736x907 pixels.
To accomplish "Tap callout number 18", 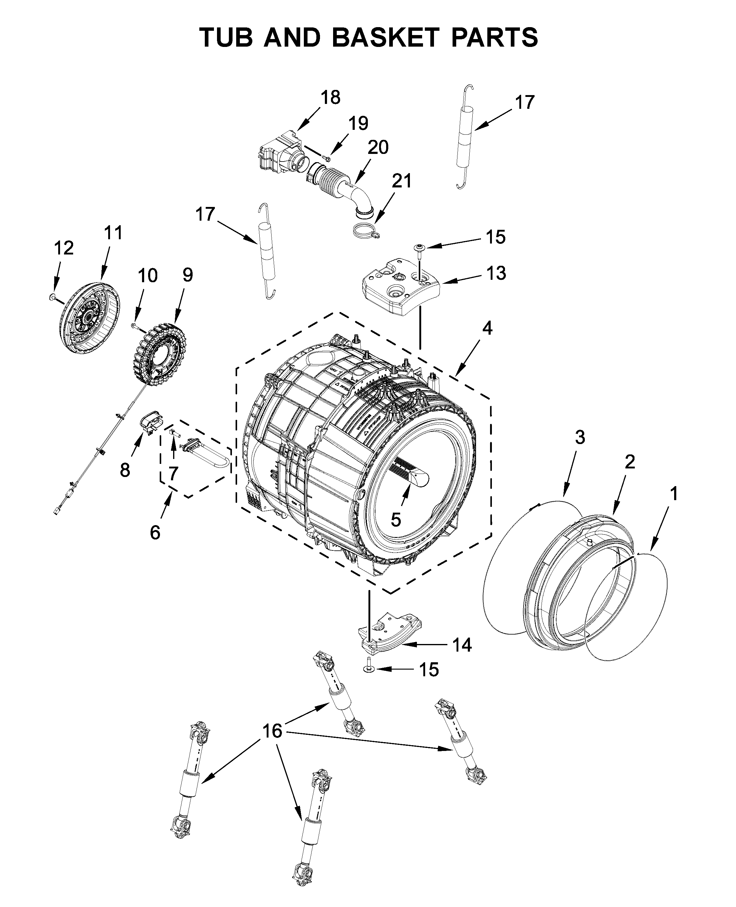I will coord(330,98).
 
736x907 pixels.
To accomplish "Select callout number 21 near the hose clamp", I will coord(401,181).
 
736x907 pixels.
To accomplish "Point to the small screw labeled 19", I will coord(326,158).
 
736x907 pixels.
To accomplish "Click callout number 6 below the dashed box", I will coord(155,532).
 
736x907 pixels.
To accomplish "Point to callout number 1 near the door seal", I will coord(673,494).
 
